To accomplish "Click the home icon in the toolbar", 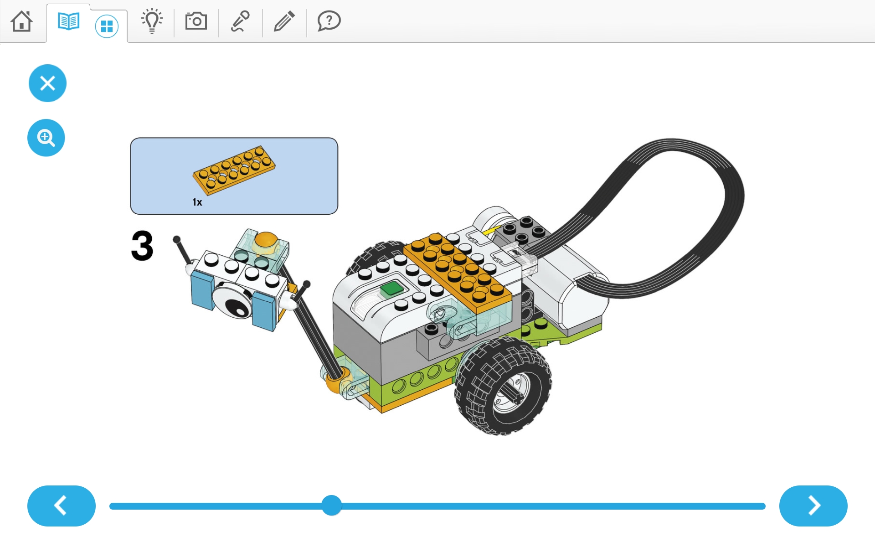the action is [22, 21].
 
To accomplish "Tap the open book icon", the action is [68, 21].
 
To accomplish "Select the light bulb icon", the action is [152, 21].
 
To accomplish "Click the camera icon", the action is [196, 21].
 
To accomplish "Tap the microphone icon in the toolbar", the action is [240, 21].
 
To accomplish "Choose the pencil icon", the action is [284, 21].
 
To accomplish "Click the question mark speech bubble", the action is [329, 21].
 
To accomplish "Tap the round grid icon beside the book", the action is [107, 26].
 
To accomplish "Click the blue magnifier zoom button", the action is [46, 138].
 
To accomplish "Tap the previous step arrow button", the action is [62, 506].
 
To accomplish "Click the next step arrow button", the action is [813, 506].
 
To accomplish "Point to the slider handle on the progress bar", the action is [332, 506].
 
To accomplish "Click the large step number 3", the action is [142, 245].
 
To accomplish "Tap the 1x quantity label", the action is [197, 202].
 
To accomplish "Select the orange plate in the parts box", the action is [234, 170].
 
